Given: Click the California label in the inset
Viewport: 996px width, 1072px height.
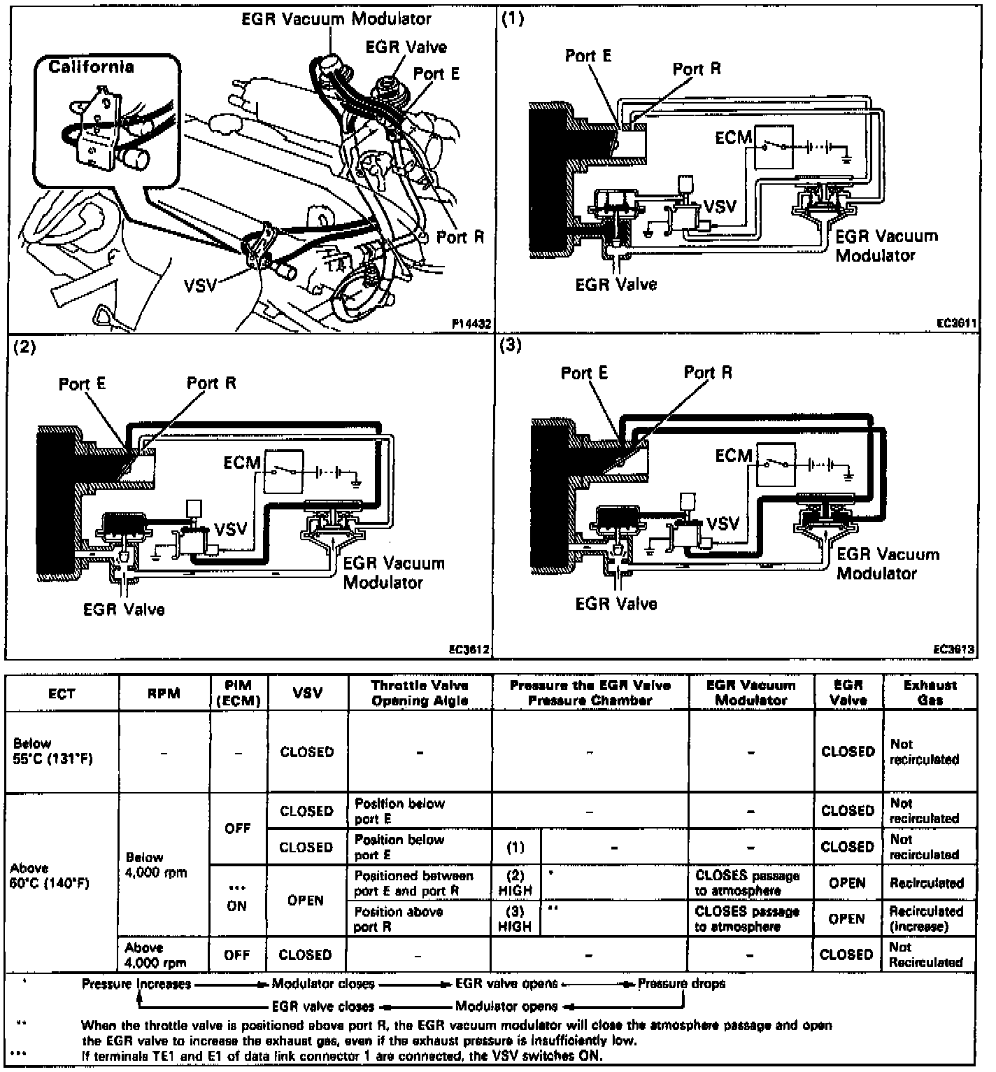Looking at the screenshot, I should [91, 67].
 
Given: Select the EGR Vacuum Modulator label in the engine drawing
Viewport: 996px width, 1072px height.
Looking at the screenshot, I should [336, 19].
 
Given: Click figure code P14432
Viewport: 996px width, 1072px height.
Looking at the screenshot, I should [471, 324].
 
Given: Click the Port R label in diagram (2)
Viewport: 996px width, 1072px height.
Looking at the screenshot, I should [211, 383].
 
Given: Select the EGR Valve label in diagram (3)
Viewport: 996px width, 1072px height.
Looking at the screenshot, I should [616, 603].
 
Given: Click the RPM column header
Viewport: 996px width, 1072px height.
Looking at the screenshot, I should [164, 693].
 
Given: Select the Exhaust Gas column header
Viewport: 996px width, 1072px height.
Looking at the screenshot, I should [930, 692].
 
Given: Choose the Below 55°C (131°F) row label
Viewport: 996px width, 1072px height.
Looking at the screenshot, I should [52, 752].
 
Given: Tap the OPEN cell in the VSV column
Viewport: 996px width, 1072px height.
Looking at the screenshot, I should [306, 900].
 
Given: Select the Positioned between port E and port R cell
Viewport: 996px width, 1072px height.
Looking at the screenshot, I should [413, 883].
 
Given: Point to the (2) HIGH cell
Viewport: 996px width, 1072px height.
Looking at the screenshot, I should [515, 883].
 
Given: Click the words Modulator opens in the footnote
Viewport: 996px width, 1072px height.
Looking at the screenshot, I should [506, 1007].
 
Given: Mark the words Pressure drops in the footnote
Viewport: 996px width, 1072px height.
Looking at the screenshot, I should [681, 984].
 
